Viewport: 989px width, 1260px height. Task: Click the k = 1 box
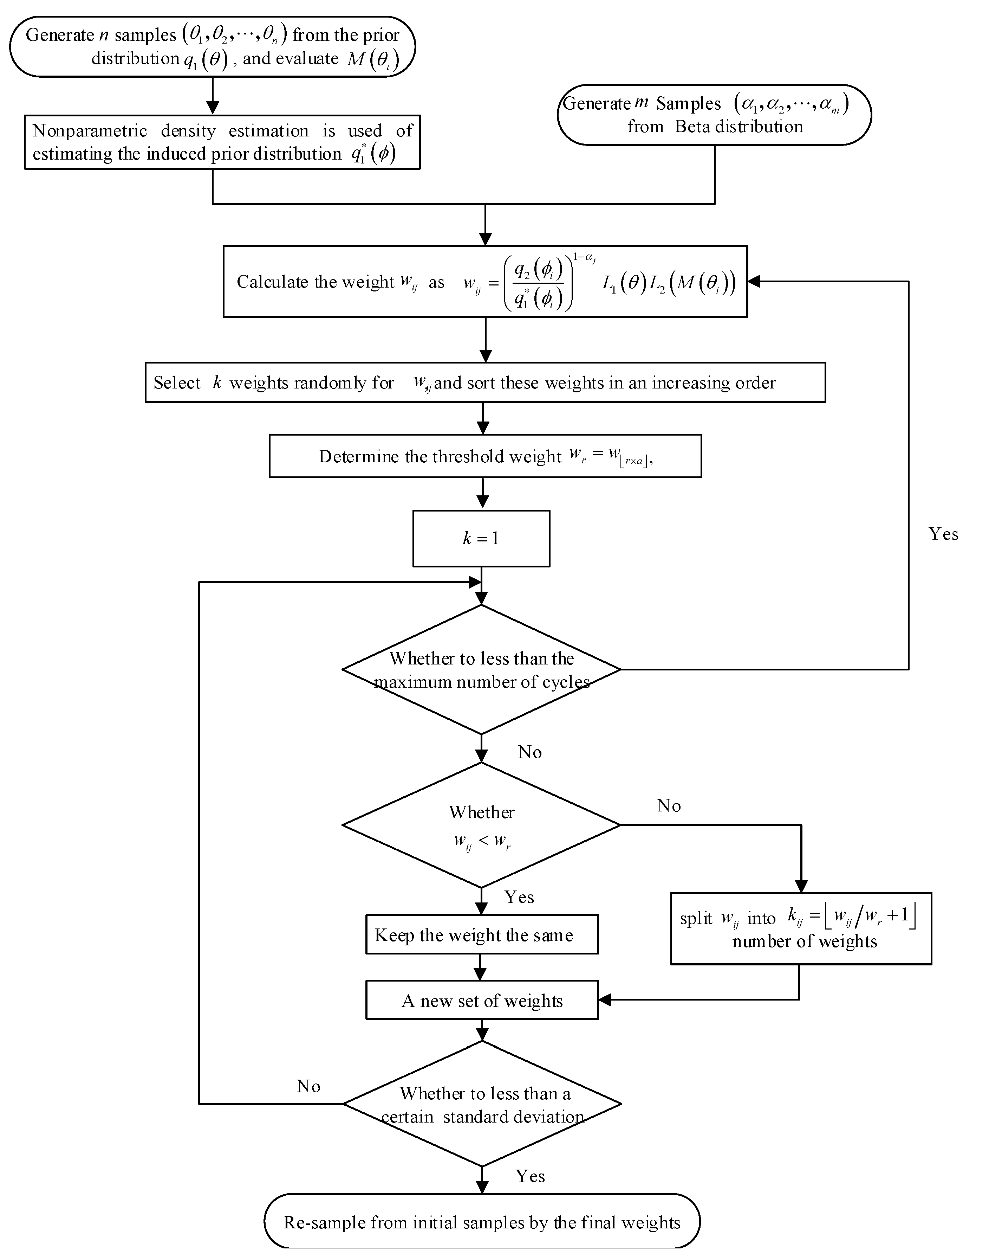click(481, 538)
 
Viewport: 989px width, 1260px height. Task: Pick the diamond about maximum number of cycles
click(481, 670)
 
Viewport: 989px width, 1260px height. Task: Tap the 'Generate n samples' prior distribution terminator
click(213, 46)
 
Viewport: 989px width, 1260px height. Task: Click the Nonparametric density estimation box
click(222, 142)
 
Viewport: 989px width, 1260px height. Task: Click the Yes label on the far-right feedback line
click(943, 534)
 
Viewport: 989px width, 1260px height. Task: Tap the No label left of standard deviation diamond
click(308, 1086)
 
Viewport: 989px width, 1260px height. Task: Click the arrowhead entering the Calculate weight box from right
click(754, 282)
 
